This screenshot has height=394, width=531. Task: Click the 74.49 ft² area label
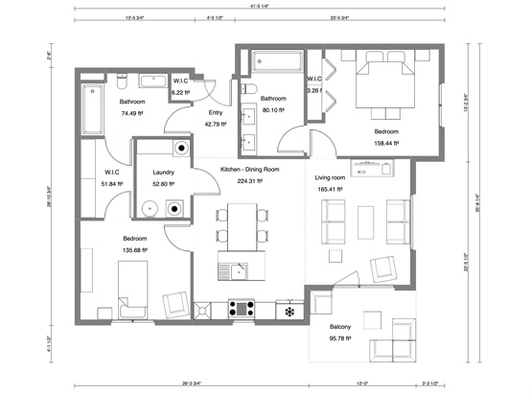(x=132, y=113)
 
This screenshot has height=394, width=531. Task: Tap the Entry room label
(x=216, y=113)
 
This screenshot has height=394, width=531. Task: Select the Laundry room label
(x=169, y=173)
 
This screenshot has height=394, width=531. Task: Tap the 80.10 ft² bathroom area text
(x=273, y=108)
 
